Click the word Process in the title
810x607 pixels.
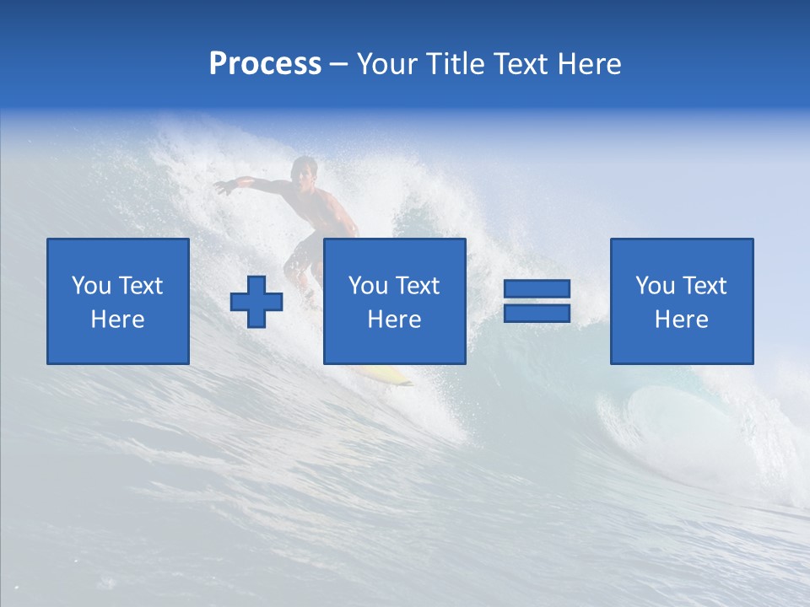(x=265, y=64)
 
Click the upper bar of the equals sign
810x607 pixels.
(x=537, y=289)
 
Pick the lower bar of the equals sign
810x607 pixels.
(x=537, y=313)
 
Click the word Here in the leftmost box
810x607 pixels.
(x=117, y=320)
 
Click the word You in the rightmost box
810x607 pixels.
(x=655, y=286)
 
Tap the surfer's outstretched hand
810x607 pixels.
(x=222, y=186)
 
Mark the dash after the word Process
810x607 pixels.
(x=339, y=64)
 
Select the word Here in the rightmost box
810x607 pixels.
(x=681, y=320)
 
